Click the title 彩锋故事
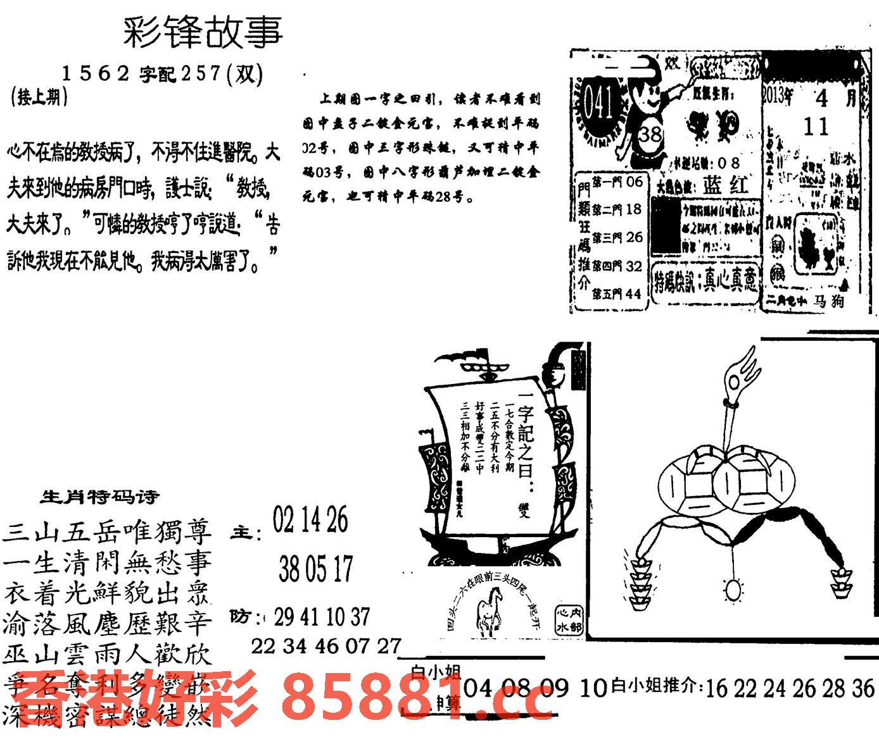(x=203, y=32)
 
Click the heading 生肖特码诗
(x=100, y=497)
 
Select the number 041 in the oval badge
(x=598, y=102)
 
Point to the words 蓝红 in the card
(x=725, y=185)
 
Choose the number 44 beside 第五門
(x=633, y=294)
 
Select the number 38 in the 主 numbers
(x=289, y=570)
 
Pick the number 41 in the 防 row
(x=310, y=617)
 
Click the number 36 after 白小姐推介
(x=863, y=688)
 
